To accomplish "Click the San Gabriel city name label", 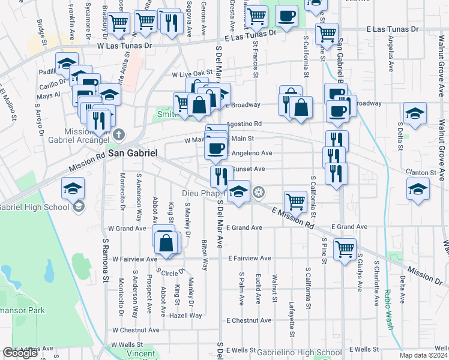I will coord(133,153).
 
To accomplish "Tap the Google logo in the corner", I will coord(20,353).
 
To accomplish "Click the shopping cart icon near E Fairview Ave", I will coord(345,248).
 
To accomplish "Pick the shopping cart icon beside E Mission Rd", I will coord(295,201).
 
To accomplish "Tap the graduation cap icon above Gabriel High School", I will coord(73,188).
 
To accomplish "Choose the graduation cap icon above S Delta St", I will coord(415,113).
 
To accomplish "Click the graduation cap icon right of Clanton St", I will coord(418,188).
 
